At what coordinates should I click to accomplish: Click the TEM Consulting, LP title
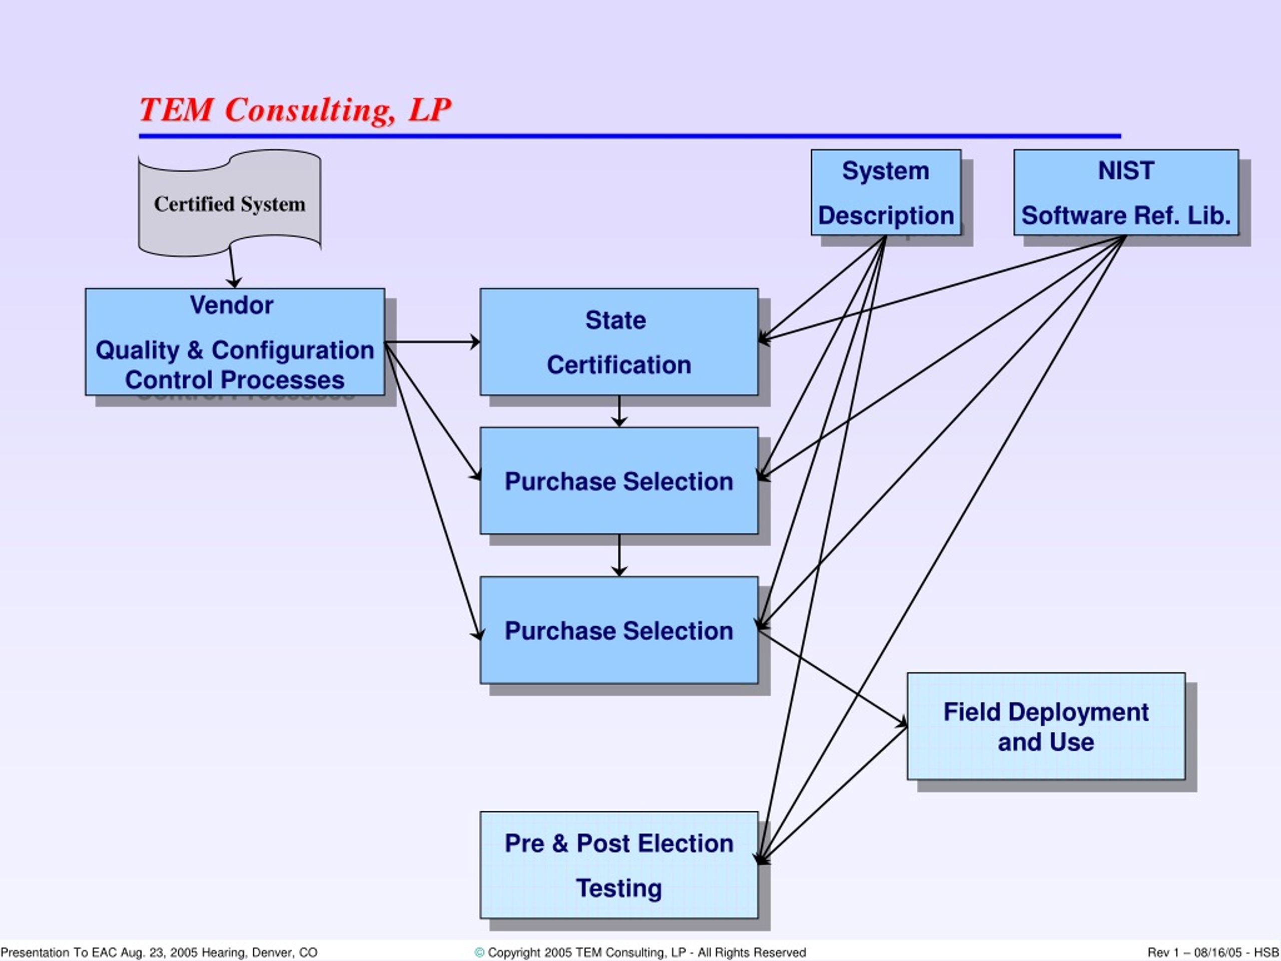point(295,110)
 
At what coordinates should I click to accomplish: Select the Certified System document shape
point(229,203)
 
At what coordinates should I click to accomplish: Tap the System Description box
point(886,192)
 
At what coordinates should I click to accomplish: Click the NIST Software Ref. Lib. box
point(1125,192)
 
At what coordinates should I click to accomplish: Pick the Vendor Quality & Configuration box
point(235,342)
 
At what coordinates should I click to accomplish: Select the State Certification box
point(618,342)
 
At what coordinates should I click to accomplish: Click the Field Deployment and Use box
point(1045,726)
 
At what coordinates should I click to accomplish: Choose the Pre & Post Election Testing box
point(618,865)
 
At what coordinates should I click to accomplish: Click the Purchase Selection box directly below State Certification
point(618,481)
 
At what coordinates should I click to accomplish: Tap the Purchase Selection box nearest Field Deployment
point(618,630)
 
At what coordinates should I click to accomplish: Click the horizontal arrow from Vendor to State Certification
point(431,342)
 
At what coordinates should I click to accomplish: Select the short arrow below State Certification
point(618,411)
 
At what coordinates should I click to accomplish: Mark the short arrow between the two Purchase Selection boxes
point(618,555)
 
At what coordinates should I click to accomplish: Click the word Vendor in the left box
point(231,305)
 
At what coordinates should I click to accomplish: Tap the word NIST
point(1125,171)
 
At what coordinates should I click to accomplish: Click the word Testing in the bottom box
point(618,888)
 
